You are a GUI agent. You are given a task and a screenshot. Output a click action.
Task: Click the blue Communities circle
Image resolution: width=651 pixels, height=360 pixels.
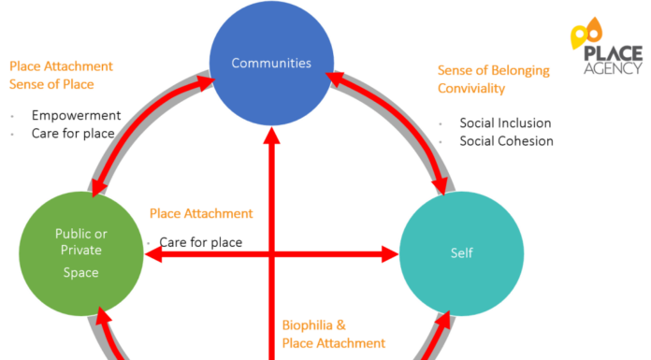[x=271, y=64]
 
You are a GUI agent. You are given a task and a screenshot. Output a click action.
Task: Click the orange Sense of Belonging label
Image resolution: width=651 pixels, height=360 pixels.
[x=493, y=70]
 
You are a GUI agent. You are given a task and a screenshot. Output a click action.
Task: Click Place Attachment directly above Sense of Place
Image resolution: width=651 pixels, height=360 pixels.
[x=61, y=66]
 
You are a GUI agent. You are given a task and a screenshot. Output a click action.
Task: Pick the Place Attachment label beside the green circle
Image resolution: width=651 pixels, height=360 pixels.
[x=201, y=213]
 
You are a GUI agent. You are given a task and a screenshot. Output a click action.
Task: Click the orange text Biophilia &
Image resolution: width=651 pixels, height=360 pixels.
[x=313, y=325]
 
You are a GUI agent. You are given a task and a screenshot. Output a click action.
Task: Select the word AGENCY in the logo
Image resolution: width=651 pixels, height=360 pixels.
[x=612, y=68]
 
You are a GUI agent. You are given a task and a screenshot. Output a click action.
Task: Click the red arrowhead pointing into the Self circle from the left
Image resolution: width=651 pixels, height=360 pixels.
[x=390, y=252]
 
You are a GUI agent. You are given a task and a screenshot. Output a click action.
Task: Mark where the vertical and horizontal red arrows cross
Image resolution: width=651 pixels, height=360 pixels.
[x=271, y=252]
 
